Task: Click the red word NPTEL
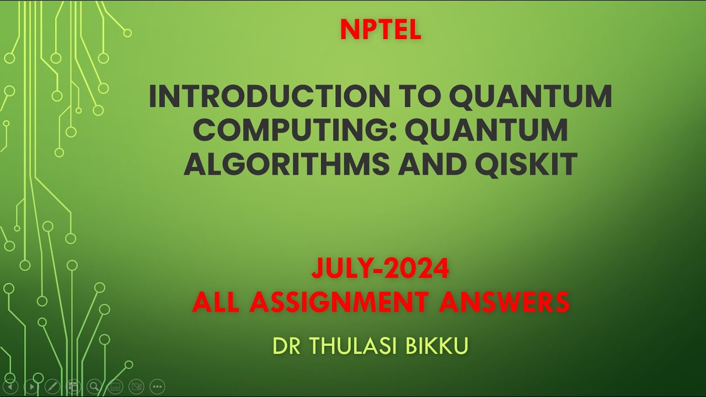click(381, 30)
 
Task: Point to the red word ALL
click(215, 302)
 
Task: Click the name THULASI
click(356, 346)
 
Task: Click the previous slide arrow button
click(10, 387)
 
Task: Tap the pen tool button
click(52, 387)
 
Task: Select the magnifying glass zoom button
click(94, 387)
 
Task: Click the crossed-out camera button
click(136, 387)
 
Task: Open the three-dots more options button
click(157, 387)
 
